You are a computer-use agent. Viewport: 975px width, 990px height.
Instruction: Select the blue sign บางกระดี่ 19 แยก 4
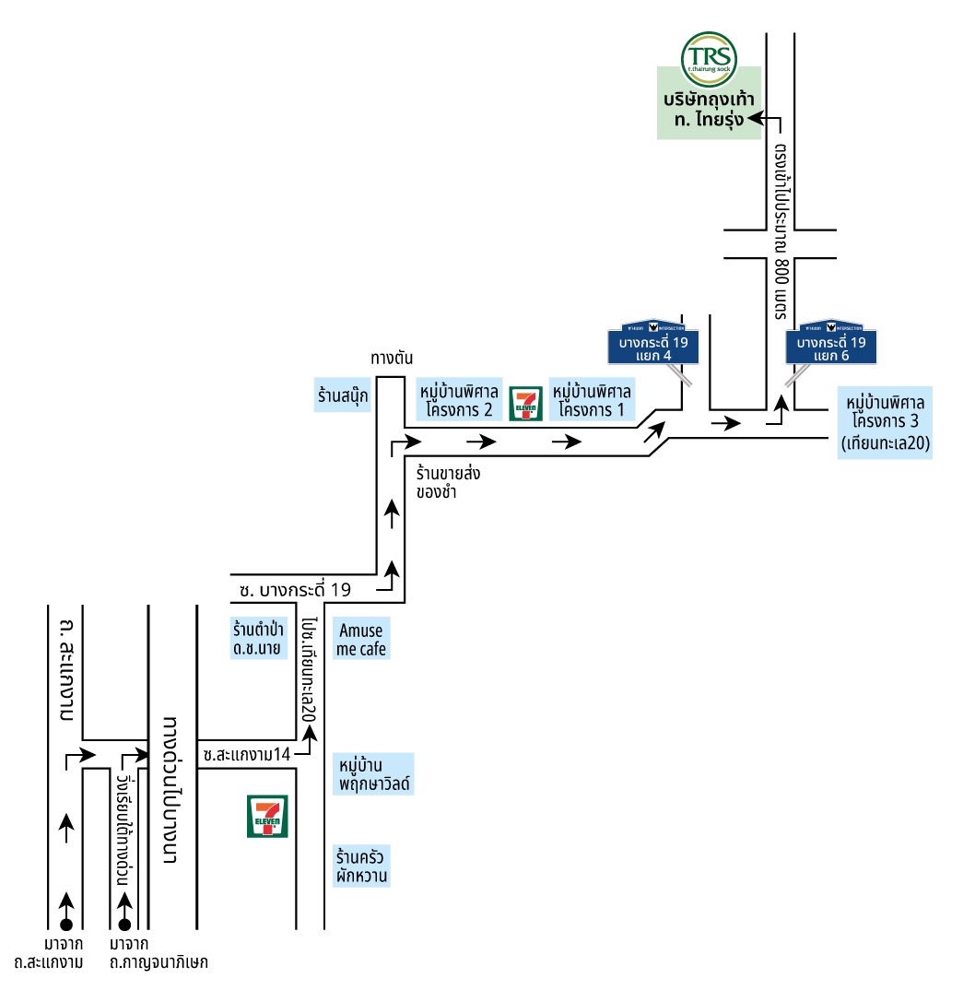[653, 347]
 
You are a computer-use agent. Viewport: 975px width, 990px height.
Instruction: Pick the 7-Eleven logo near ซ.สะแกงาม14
[268, 816]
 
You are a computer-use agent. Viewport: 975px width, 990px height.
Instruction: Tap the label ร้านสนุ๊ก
[341, 397]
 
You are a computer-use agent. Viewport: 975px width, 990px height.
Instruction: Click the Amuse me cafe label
[362, 640]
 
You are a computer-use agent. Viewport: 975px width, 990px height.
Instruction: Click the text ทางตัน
[390, 359]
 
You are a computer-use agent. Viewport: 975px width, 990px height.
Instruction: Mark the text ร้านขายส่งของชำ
[449, 482]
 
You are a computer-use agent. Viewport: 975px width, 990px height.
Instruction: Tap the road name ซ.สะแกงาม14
[247, 754]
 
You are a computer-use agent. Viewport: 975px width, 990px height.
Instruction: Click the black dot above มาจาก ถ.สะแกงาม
[65, 924]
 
